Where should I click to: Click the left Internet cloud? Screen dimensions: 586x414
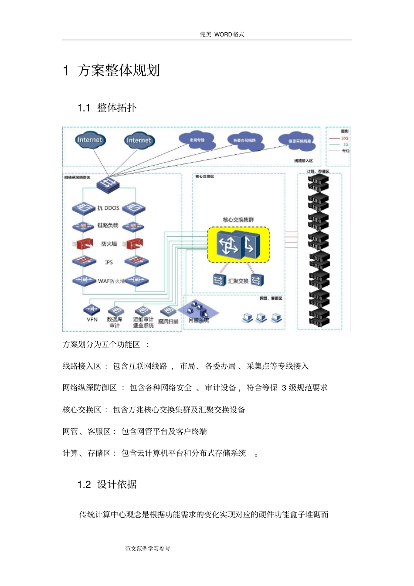pos(89,140)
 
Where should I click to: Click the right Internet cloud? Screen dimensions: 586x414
pos(139,140)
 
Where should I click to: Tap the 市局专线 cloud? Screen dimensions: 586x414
pos(197,140)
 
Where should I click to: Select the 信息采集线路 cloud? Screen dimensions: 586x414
pos(299,141)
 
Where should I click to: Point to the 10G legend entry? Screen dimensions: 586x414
pos(340,138)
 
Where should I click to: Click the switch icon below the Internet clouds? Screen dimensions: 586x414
pos(108,184)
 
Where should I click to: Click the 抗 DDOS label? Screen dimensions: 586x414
pos(108,208)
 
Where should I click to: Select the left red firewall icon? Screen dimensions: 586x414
pos(84,244)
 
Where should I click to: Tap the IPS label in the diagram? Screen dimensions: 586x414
pos(109,262)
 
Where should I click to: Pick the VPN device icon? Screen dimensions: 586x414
pos(92,309)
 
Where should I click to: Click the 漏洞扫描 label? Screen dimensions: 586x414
pos(168,322)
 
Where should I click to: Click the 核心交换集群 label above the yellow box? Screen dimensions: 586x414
pos(238,220)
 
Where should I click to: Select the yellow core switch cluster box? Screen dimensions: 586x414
pos(238,244)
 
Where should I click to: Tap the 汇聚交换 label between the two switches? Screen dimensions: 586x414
pos(238,281)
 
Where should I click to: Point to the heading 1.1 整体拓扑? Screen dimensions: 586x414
pos(107,108)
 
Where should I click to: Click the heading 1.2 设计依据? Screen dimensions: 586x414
pos(107,484)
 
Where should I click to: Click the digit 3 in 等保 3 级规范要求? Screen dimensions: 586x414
pos(284,388)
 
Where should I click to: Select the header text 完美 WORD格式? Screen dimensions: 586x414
pos(222,34)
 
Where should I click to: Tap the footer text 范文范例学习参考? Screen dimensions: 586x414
pos(148,549)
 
